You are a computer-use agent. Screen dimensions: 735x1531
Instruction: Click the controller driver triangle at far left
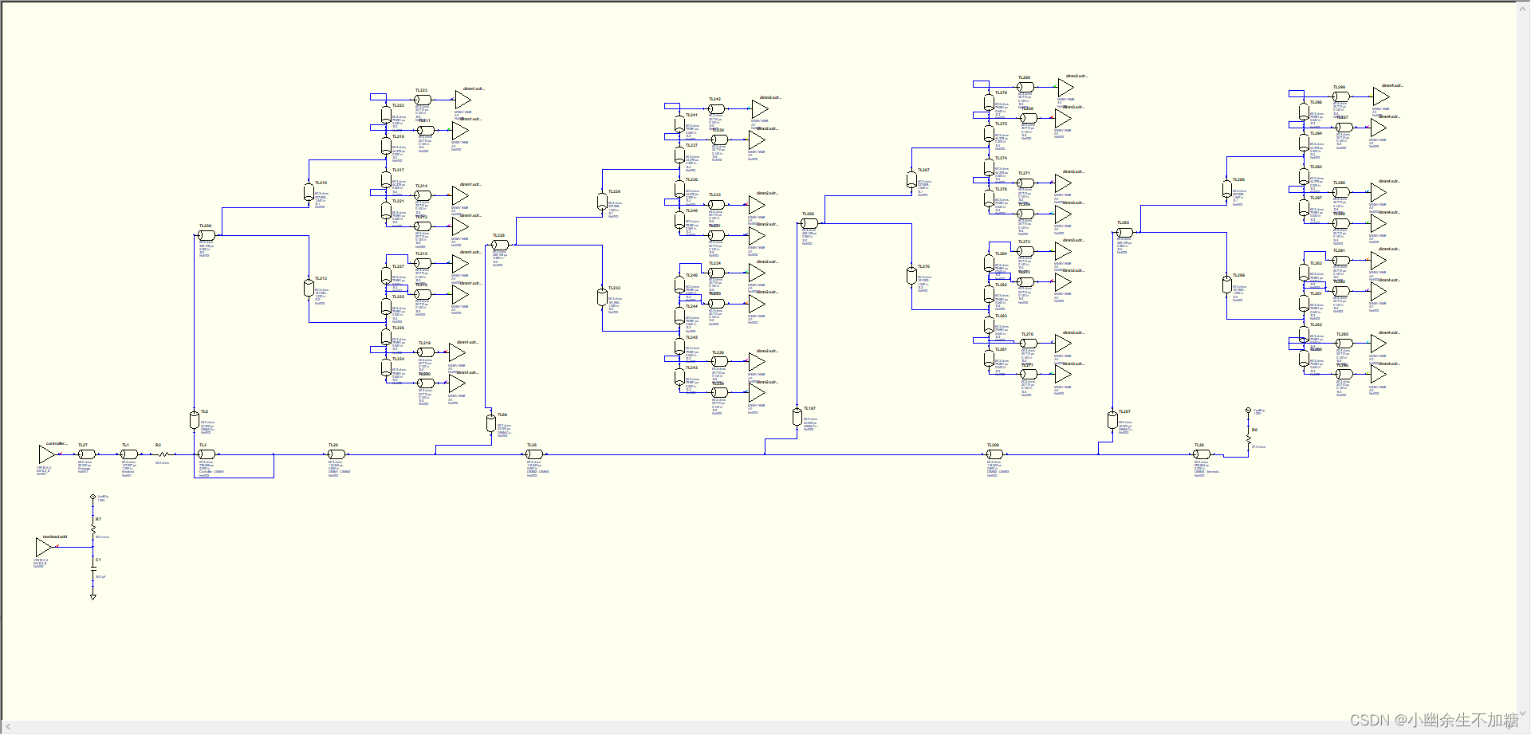click(x=45, y=454)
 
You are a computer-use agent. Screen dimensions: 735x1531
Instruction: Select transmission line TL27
click(x=87, y=454)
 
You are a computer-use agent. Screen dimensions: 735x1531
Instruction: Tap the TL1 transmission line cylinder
click(x=129, y=454)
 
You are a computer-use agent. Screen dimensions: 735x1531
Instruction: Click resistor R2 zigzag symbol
click(x=163, y=454)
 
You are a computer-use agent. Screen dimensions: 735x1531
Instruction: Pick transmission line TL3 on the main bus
click(x=207, y=454)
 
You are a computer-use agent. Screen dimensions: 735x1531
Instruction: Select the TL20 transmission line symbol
click(x=337, y=454)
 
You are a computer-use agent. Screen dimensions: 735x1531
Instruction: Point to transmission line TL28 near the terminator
click(x=1202, y=454)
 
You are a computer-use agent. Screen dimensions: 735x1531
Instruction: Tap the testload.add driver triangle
click(x=43, y=547)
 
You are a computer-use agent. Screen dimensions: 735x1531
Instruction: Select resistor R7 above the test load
click(x=93, y=529)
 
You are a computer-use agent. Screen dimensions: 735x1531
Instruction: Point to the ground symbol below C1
click(x=93, y=596)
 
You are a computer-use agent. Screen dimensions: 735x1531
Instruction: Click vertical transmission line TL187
click(x=797, y=417)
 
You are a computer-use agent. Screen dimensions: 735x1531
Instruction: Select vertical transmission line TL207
click(x=1112, y=419)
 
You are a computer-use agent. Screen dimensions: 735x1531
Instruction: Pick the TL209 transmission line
click(x=207, y=235)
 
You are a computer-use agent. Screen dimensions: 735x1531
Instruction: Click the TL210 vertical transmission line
click(x=309, y=193)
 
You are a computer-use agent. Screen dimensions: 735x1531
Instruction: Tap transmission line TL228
click(x=500, y=245)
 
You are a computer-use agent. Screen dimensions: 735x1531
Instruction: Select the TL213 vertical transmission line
click(x=309, y=289)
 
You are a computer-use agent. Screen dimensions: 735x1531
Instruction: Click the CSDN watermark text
click(x=1434, y=720)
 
